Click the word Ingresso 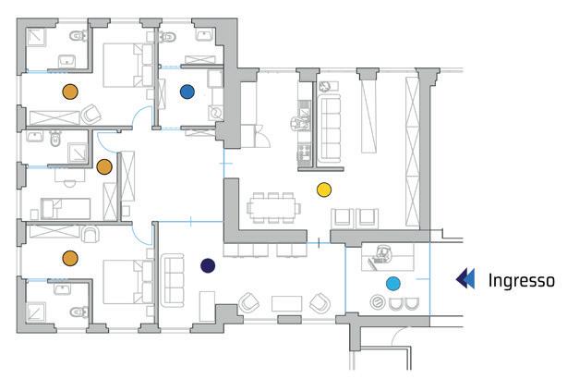click(x=521, y=279)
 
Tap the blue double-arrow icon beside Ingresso click(x=466, y=279)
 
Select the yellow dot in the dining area click(x=323, y=189)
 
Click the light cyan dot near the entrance click(x=393, y=283)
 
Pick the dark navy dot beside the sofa click(x=208, y=266)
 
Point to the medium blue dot click(x=187, y=91)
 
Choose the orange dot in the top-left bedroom click(x=68, y=91)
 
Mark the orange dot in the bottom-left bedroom click(x=68, y=258)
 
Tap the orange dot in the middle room click(x=104, y=166)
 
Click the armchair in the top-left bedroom click(x=91, y=116)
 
